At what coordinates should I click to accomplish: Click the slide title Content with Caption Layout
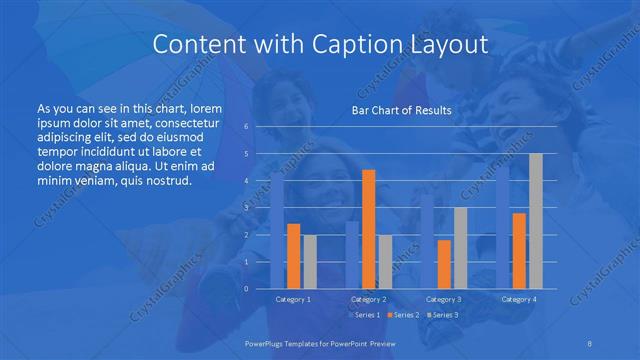(319, 45)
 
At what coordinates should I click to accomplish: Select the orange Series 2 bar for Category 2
(368, 229)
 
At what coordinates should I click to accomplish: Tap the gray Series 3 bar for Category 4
(536, 221)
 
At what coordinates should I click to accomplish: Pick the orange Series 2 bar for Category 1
(293, 256)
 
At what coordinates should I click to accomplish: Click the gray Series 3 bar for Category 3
(460, 248)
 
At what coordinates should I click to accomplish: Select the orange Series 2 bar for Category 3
(444, 264)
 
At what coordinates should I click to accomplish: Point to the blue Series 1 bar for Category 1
(277, 230)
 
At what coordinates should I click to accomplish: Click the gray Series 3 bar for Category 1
(309, 262)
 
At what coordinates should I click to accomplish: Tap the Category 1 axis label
(293, 299)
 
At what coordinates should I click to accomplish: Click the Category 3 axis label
(444, 299)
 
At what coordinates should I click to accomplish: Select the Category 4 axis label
(519, 299)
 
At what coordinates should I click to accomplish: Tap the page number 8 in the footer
(590, 342)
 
